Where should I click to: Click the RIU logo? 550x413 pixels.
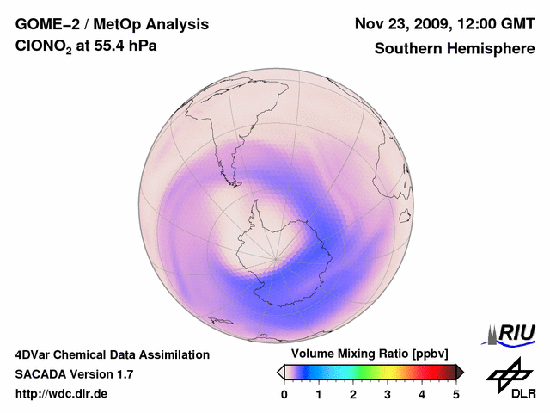[x=514, y=333]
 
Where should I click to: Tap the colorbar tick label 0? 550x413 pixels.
[x=284, y=394]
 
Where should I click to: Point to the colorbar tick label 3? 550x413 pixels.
[x=388, y=394]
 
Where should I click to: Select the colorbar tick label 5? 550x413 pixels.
[x=456, y=394]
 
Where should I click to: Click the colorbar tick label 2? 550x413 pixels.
[x=353, y=394]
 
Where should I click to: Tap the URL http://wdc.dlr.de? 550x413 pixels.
[x=62, y=394]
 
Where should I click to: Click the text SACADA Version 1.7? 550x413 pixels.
[x=74, y=374]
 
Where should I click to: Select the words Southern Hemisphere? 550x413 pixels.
[x=455, y=49]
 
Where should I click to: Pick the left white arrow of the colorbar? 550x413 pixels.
[x=280, y=372]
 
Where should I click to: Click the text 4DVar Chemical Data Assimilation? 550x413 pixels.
[x=112, y=354]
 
